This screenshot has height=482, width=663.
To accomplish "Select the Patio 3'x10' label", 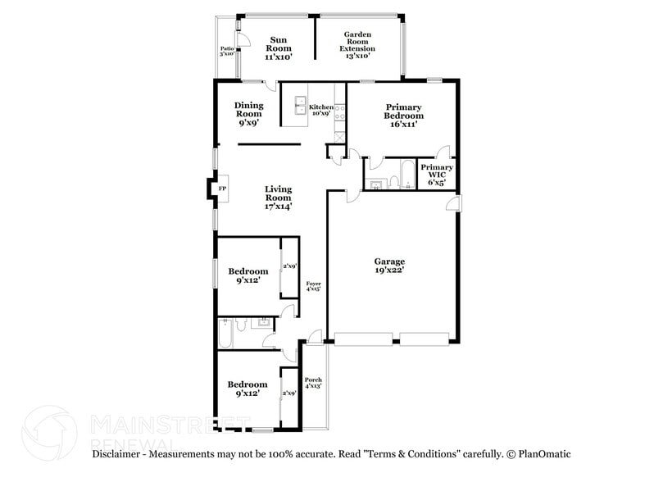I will (228, 52).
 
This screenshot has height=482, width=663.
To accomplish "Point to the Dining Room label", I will (248, 113).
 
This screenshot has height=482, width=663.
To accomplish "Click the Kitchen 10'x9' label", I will (320, 111).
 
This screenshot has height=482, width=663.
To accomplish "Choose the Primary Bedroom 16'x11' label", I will (404, 116).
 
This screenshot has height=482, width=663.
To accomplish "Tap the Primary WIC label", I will (437, 175).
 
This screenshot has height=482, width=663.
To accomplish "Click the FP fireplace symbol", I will (221, 189).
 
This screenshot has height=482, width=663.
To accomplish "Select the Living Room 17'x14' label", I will (279, 198).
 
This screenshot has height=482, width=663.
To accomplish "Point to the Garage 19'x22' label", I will (390, 265).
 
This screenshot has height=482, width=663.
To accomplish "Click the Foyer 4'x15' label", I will (313, 286).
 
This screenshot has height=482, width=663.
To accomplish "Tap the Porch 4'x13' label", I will (313, 384).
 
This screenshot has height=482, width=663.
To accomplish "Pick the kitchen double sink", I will (295, 106).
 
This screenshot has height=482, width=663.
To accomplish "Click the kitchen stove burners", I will (339, 110).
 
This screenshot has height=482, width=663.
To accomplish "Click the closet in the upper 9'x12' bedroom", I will (289, 267).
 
